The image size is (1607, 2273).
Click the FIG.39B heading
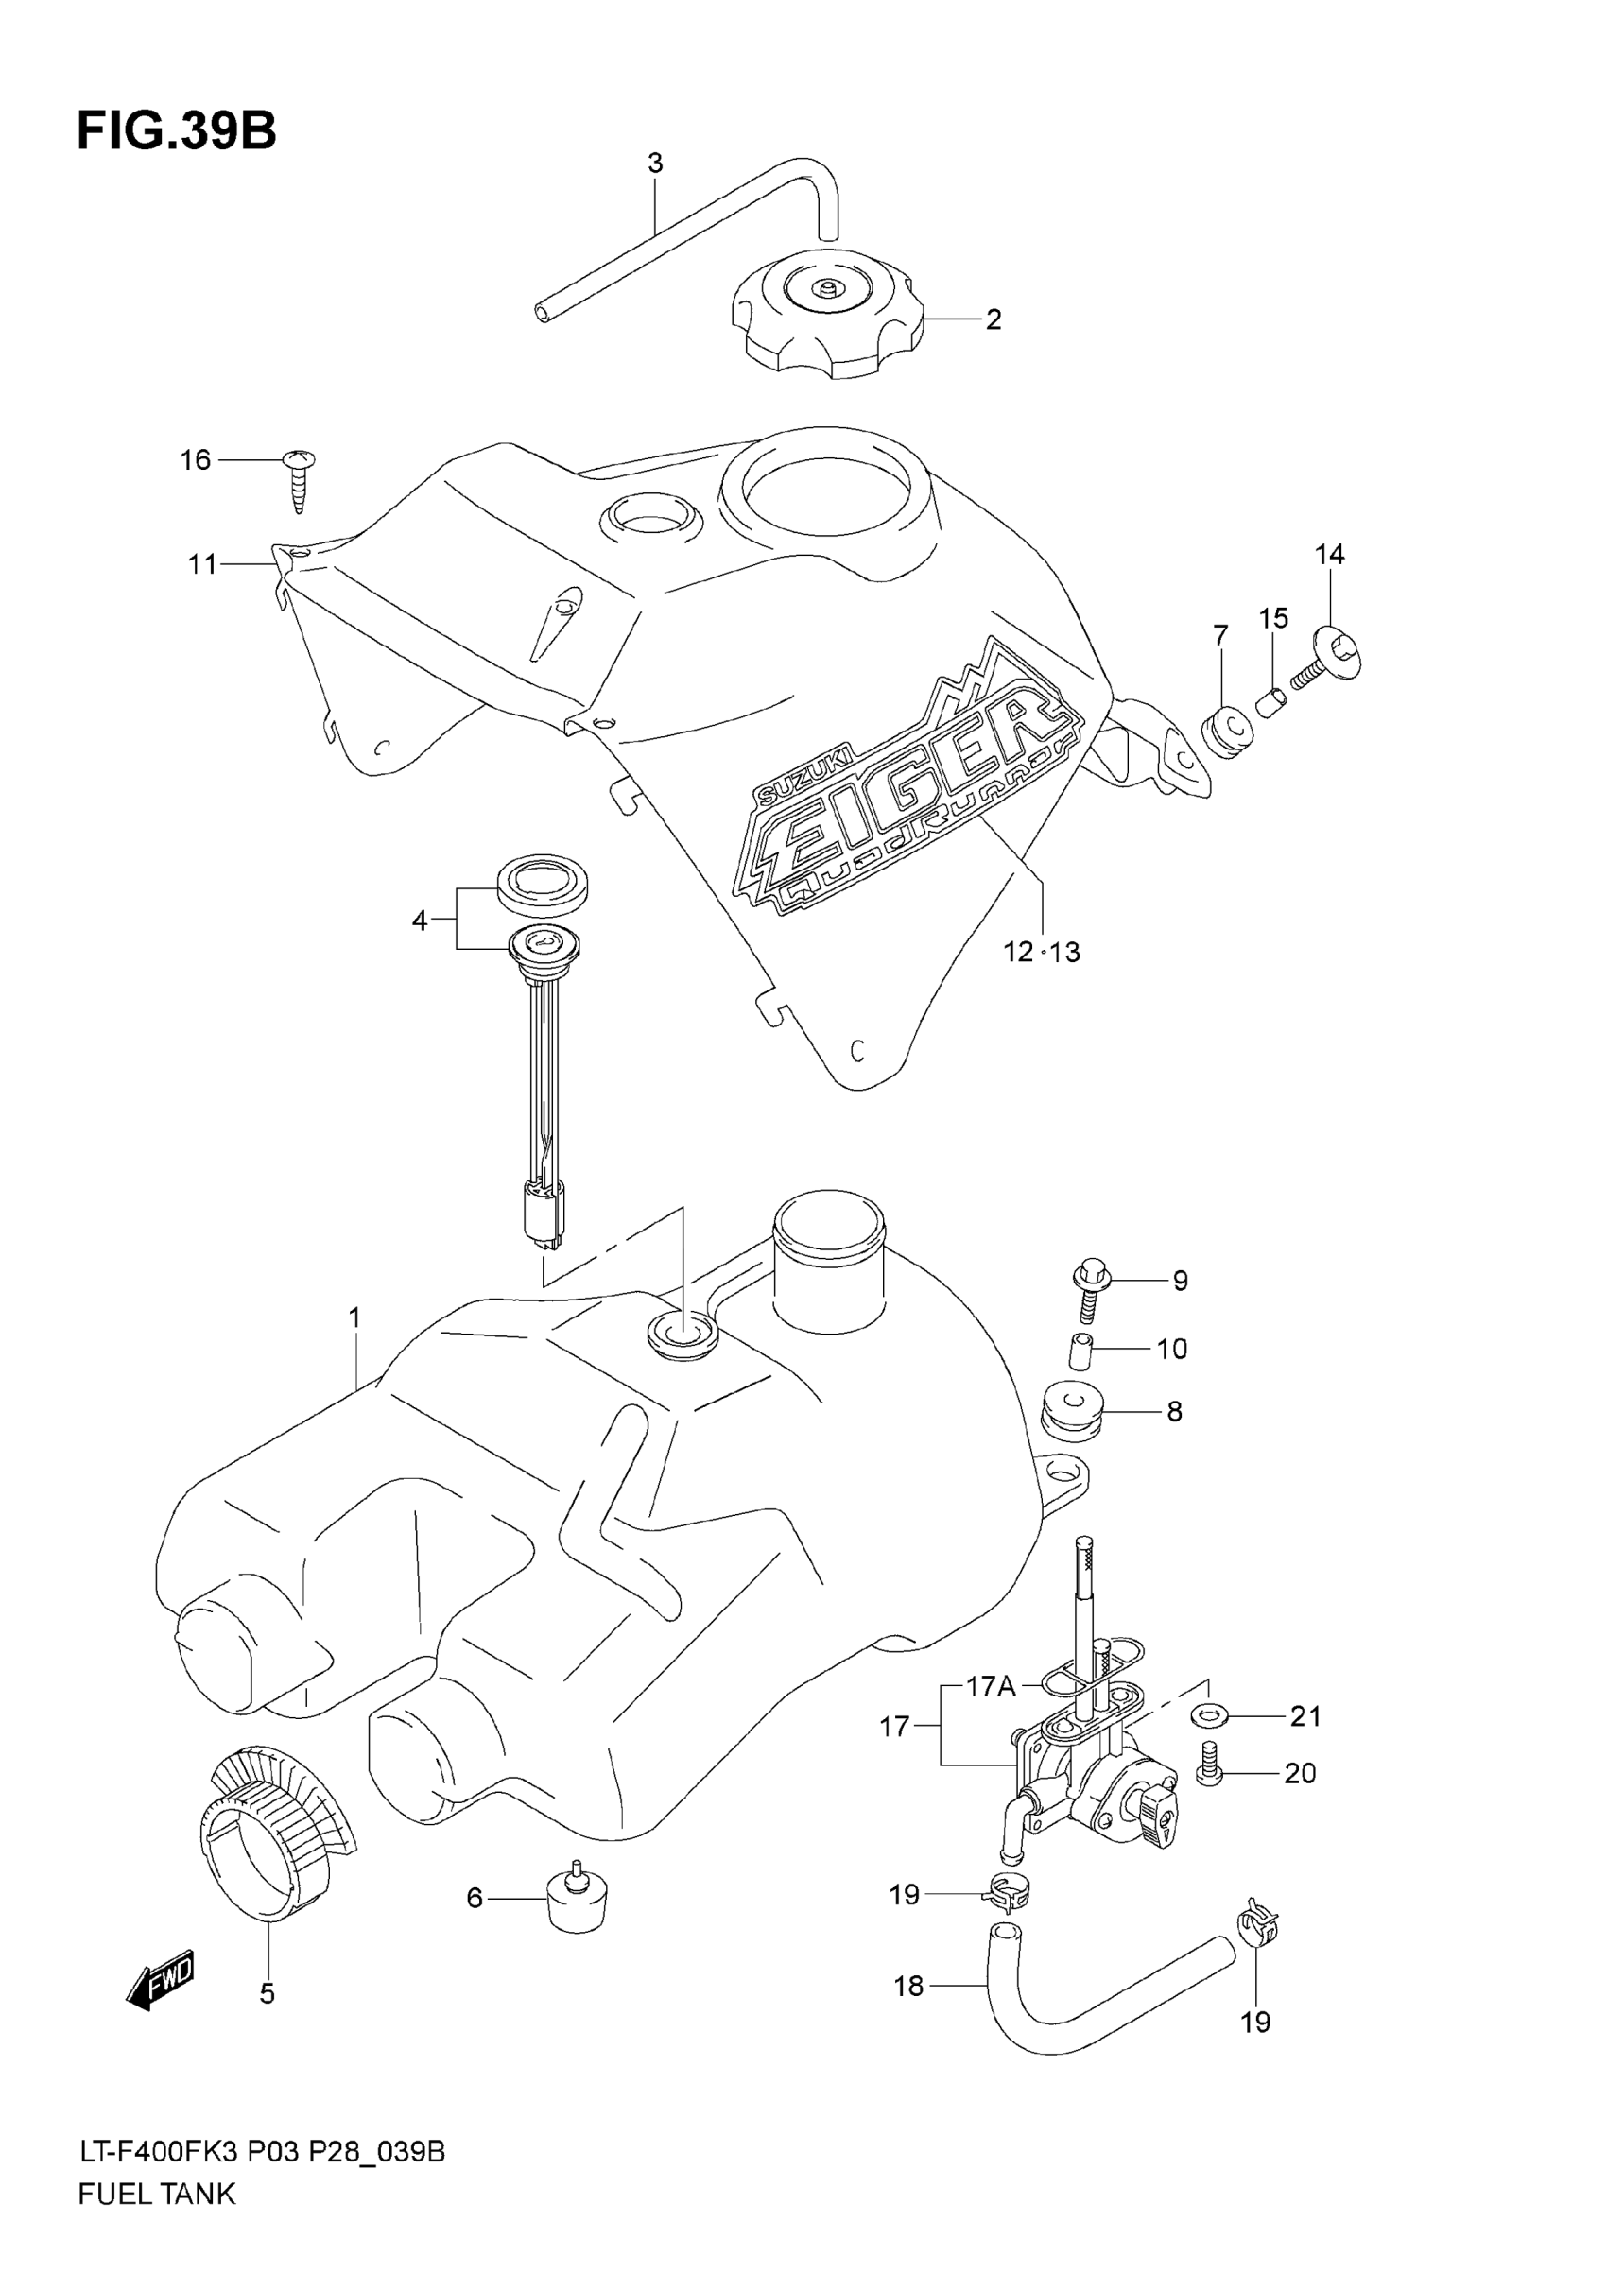176,130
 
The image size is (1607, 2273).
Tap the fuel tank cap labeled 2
828,314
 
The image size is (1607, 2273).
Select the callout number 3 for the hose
654,164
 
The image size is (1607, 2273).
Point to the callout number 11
202,564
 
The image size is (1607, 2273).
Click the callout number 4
420,921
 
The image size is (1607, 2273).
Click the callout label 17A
991,1686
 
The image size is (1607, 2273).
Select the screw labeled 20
1209,1775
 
